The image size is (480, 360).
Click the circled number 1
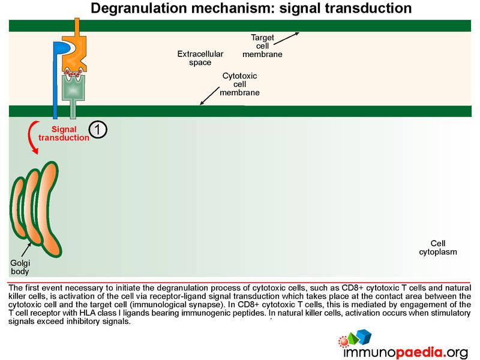tap(98, 130)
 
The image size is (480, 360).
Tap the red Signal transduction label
tap(64, 133)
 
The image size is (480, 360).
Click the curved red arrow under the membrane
tap(32, 137)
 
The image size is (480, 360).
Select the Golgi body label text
tap(20, 267)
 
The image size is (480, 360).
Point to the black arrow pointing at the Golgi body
tap(26, 250)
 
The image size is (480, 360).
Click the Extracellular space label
tap(200, 58)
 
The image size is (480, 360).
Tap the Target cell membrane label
tap(262, 46)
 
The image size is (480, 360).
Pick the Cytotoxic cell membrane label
tap(239, 84)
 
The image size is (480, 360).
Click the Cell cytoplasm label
tap(438, 248)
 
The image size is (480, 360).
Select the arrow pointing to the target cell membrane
tap(286, 38)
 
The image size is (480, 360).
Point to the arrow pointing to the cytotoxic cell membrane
tap(209, 96)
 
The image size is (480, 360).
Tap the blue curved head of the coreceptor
tap(63, 49)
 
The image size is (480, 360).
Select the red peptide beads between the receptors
tap(73, 73)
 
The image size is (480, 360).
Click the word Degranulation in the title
tap(139, 8)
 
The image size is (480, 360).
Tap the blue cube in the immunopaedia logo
tap(364, 337)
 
